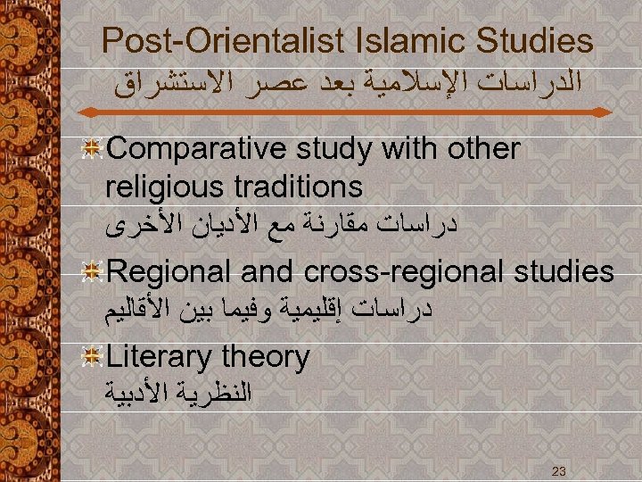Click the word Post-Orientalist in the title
pos(222,40)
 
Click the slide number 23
pos(559,470)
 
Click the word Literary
pos(160,357)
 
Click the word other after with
pos(481,149)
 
